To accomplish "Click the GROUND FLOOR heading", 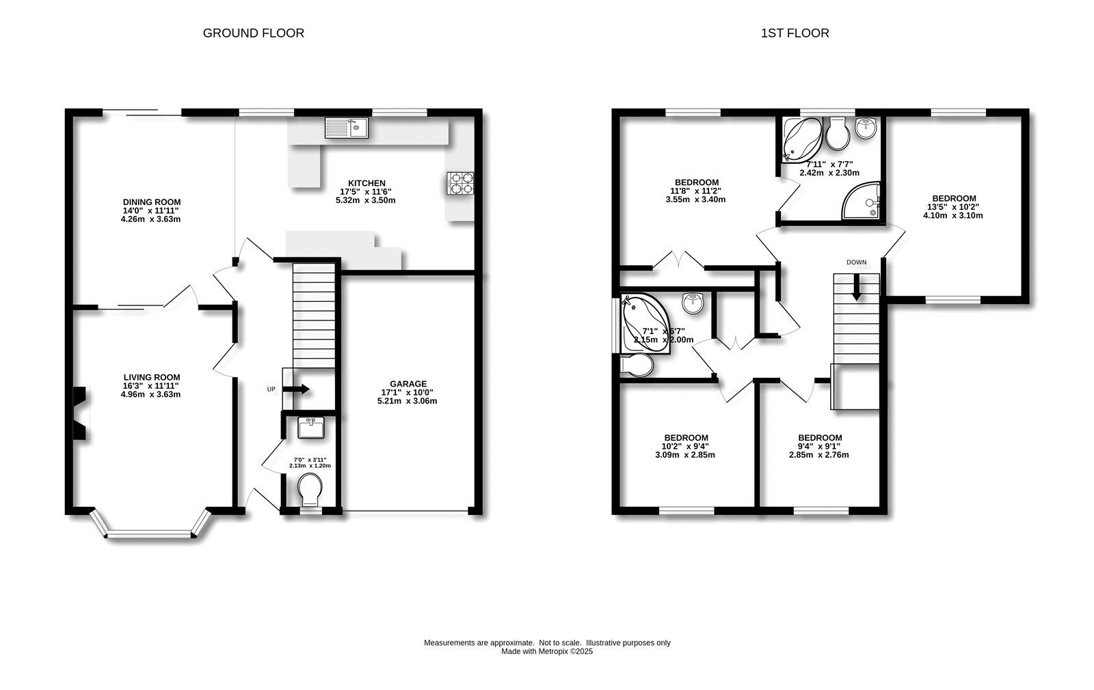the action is pyautogui.click(x=254, y=33).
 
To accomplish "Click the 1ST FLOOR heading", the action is pyautogui.click(x=795, y=33).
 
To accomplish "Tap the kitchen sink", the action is pyautogui.click(x=347, y=128).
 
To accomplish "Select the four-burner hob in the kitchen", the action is pyautogui.click(x=460, y=184).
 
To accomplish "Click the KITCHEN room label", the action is pyautogui.click(x=366, y=184).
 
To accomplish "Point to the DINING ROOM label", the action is pyautogui.click(x=151, y=202).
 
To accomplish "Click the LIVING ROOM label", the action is pyautogui.click(x=151, y=377).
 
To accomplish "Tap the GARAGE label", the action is pyautogui.click(x=408, y=384).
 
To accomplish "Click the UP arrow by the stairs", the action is pyautogui.click(x=296, y=389).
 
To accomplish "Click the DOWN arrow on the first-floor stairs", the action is pyautogui.click(x=856, y=288).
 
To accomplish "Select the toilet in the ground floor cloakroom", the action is pyautogui.click(x=310, y=489).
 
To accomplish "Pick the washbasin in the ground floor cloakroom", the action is pyautogui.click(x=311, y=428).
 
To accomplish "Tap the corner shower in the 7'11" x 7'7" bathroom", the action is pyautogui.click(x=861, y=201).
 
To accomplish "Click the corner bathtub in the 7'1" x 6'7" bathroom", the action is pyautogui.click(x=645, y=323).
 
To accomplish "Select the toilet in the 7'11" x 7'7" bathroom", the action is pyautogui.click(x=838, y=133).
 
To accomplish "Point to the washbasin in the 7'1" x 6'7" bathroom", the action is pyautogui.click(x=693, y=303).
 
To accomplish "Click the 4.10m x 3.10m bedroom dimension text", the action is pyautogui.click(x=953, y=215).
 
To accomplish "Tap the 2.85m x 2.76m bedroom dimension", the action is pyautogui.click(x=819, y=455).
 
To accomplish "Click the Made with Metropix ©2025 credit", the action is pyautogui.click(x=547, y=652).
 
